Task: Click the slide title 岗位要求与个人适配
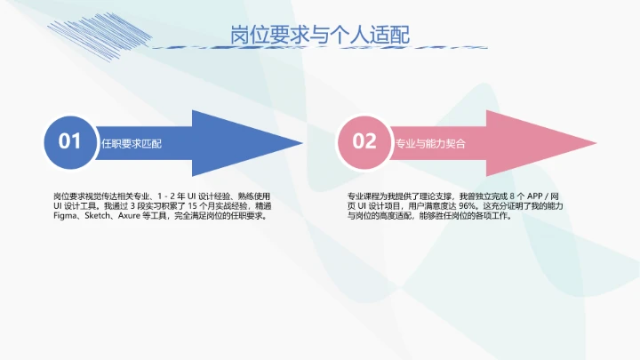[x=320, y=36]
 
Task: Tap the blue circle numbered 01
[x=70, y=141]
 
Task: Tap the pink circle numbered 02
[x=364, y=141]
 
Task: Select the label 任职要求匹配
[x=132, y=142]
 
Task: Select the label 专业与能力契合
[x=430, y=142]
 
